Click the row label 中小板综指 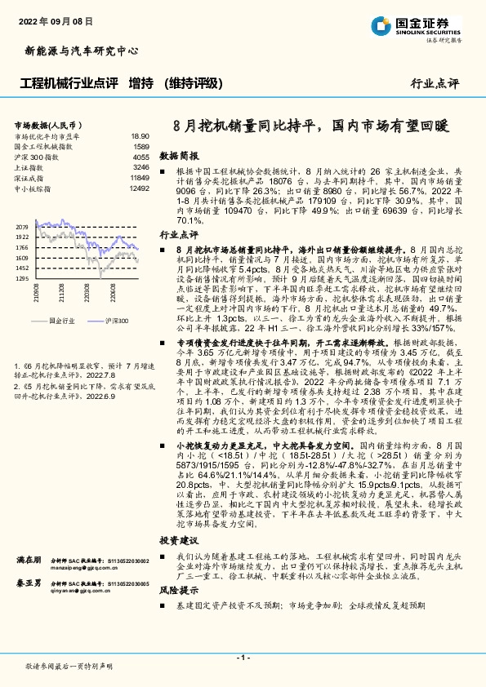coord(33,188)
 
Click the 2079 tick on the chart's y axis coord(22,226)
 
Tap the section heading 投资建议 coord(178,540)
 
